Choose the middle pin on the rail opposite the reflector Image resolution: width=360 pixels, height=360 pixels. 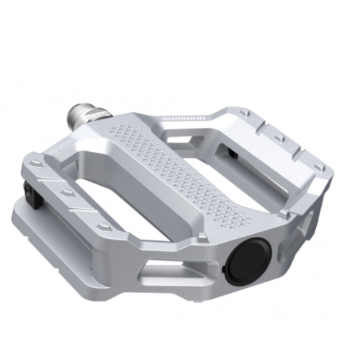coord(281,138)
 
